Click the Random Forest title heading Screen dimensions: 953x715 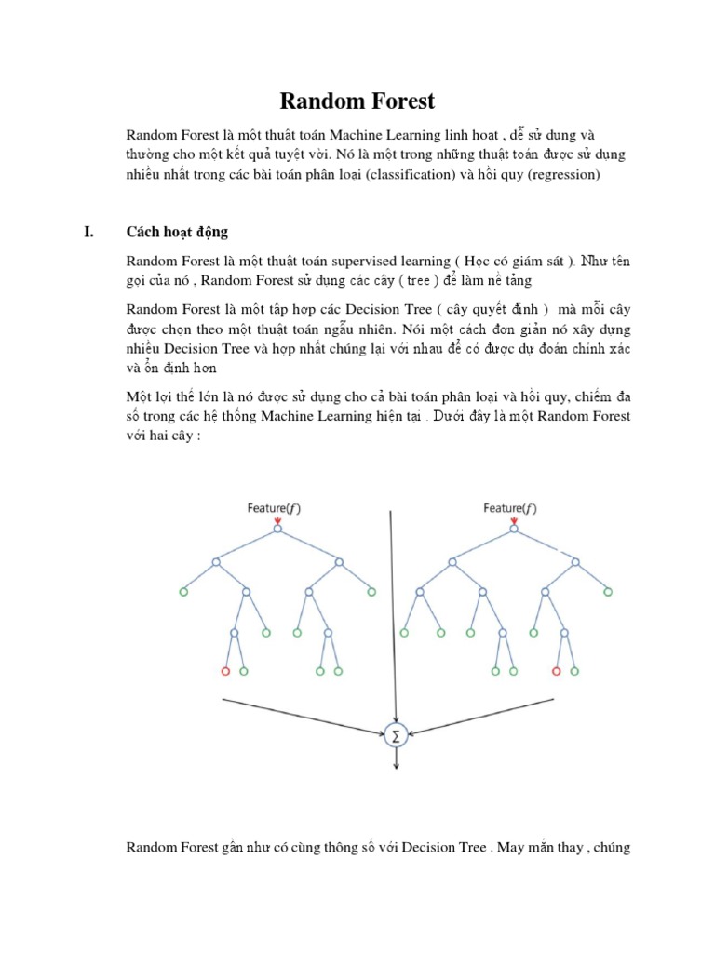click(x=357, y=100)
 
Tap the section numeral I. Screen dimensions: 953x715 click(x=89, y=232)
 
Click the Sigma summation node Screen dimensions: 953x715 click(x=398, y=735)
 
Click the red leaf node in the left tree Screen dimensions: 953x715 click(x=224, y=671)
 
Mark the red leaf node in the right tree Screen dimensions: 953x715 click(x=556, y=671)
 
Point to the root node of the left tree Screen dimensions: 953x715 click(x=277, y=530)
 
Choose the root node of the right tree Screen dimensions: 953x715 click(x=514, y=530)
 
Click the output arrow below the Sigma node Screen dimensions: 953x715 click(x=398, y=758)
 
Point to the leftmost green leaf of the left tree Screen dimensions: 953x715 click(x=183, y=591)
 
